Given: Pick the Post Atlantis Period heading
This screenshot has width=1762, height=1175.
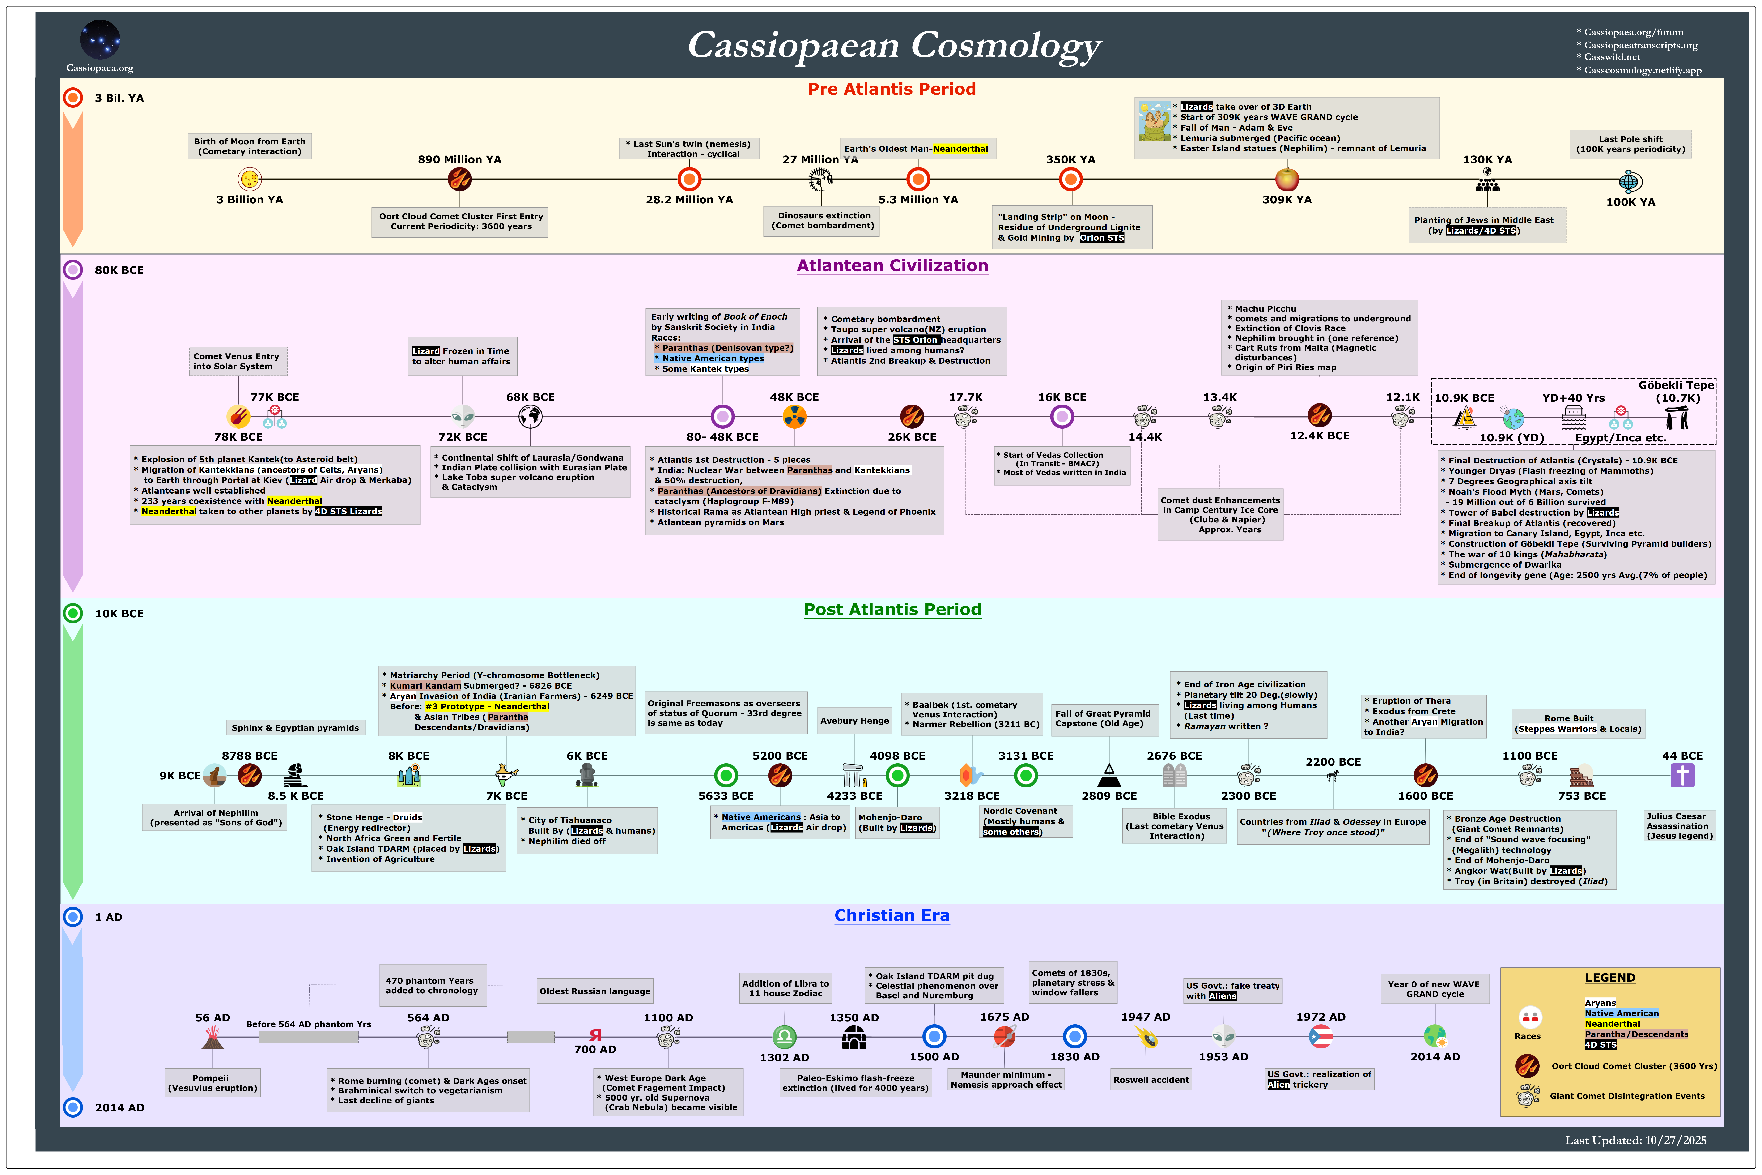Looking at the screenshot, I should [892, 609].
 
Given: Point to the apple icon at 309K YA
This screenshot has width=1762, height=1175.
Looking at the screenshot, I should [1287, 179].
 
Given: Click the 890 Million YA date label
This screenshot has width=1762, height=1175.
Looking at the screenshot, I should [459, 160].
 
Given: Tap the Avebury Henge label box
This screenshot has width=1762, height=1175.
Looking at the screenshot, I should [854, 721].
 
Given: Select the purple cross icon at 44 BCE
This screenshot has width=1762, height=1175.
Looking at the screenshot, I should [1682, 775].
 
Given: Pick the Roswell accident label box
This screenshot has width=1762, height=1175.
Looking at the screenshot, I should [1150, 1080].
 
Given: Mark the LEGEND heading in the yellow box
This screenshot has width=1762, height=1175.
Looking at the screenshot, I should [1610, 978].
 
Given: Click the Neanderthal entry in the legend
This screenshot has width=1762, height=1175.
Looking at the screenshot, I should [1612, 1024].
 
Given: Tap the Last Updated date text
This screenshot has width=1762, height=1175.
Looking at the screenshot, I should [1635, 1141].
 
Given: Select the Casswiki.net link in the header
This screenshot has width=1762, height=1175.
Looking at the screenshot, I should [1611, 57].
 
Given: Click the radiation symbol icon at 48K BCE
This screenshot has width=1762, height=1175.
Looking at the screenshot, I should [794, 416].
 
